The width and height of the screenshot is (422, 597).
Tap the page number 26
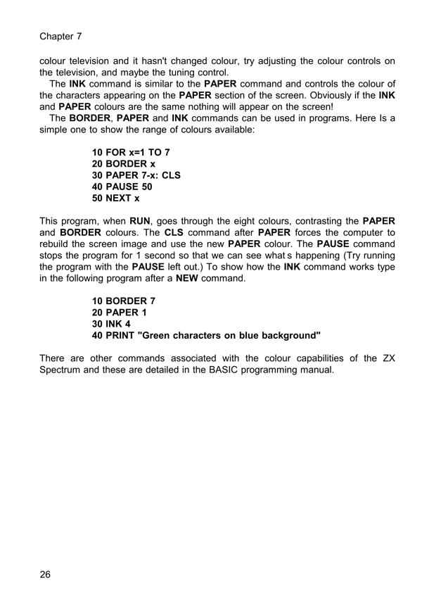(x=46, y=575)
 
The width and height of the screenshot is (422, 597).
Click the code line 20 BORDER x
(x=124, y=163)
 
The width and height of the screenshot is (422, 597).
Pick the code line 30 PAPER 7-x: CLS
(x=136, y=175)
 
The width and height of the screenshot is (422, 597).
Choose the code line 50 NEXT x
(x=116, y=199)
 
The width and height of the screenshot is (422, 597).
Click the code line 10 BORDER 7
(x=124, y=301)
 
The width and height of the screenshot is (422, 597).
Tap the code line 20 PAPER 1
(x=120, y=312)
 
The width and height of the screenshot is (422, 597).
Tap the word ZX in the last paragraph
(x=387, y=358)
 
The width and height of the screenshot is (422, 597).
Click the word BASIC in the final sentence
(x=204, y=370)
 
